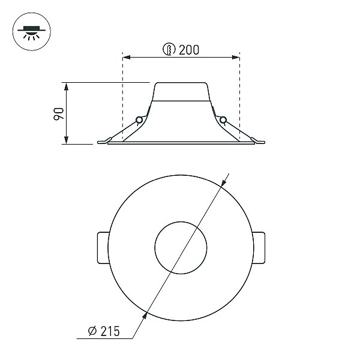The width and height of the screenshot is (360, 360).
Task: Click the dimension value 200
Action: point(189,50)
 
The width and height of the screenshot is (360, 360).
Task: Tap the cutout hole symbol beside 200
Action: point(169,49)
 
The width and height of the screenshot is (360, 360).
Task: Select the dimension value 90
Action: point(59,114)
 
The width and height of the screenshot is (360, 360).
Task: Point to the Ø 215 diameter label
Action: point(104,331)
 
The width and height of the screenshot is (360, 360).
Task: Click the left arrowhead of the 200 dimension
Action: point(127,57)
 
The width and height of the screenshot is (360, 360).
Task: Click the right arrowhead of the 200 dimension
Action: point(236,57)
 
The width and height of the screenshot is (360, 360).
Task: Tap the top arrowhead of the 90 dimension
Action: point(66,86)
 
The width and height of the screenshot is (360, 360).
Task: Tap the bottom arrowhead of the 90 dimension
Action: point(66,140)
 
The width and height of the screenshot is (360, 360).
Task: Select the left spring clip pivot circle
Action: point(139,120)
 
